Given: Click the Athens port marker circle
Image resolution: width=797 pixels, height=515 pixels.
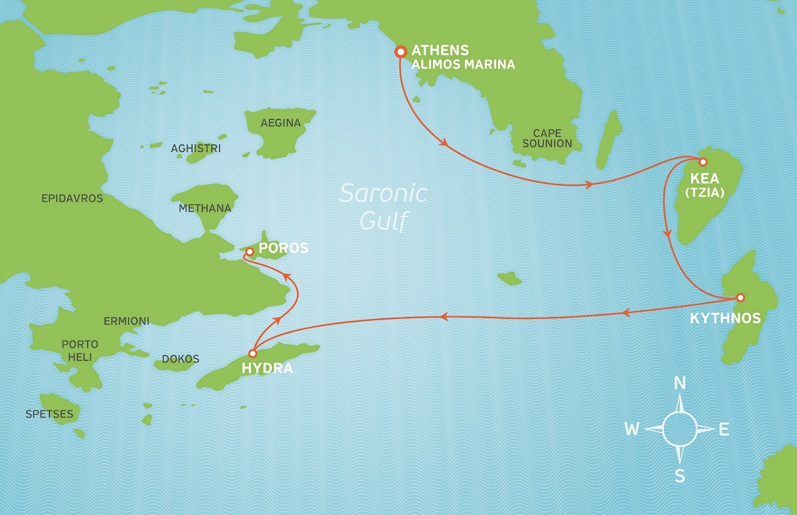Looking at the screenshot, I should coord(400,51).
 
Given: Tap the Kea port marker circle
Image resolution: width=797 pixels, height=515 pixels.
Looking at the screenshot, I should coord(703,161).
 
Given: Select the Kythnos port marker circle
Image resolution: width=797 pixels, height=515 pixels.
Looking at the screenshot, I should coord(741,297).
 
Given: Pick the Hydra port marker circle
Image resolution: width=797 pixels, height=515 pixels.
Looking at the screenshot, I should coord(252,354).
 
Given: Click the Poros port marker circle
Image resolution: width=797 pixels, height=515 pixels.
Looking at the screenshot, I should coord(249,252).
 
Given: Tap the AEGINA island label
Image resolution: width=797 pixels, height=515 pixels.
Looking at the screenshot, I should coord(280,123).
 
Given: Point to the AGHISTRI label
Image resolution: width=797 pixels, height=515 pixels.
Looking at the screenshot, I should coord(196,148).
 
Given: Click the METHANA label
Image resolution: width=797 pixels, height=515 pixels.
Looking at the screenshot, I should coord(205,208).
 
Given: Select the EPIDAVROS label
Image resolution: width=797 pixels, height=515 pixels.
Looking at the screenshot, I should coord(72,198).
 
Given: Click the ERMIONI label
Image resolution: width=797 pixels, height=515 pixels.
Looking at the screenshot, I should coord(126,321).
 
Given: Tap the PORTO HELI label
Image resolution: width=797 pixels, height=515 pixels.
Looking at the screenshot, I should coord(80,351).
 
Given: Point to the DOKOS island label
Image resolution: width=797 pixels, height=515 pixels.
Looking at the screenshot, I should coord(180,359).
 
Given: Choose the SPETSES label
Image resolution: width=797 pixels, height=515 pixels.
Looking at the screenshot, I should coord(49,414).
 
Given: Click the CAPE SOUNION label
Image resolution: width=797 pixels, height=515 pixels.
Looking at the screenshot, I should coord(547,138).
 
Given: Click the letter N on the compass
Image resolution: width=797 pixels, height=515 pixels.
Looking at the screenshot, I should coord(679,383).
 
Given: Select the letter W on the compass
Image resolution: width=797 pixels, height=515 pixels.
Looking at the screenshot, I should coord(632,429).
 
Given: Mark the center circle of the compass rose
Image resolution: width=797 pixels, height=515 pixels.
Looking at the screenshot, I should coord(679,429).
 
